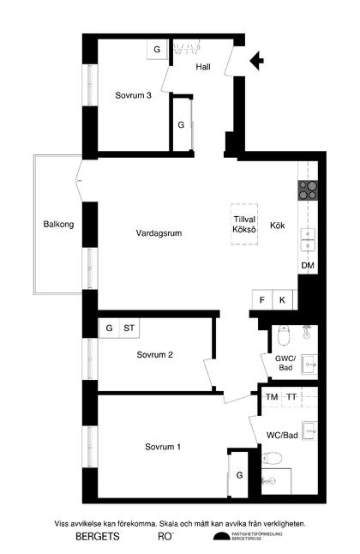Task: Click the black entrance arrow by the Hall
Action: (x=255, y=60)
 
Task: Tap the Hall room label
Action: (x=203, y=67)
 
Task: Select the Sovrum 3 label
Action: (x=134, y=95)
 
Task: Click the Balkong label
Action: (x=59, y=225)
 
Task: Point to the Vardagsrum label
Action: (x=159, y=233)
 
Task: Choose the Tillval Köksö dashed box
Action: (x=245, y=225)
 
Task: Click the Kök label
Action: (x=278, y=226)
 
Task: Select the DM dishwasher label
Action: (x=308, y=266)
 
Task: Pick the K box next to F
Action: (x=282, y=300)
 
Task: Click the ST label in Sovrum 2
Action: (x=129, y=328)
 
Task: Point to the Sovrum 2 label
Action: (x=155, y=355)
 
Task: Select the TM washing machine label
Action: (x=272, y=397)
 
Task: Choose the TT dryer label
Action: (x=292, y=397)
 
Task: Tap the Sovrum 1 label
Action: (x=163, y=447)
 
